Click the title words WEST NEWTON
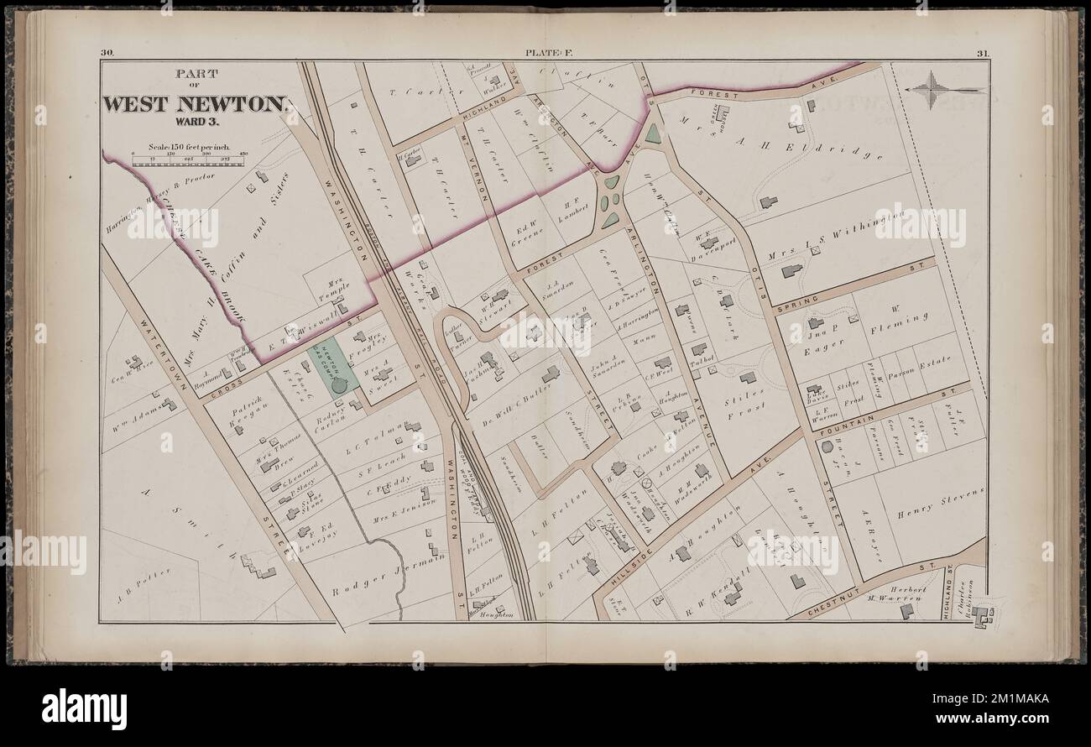196,105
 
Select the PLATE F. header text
546,53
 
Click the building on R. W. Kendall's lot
732,596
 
